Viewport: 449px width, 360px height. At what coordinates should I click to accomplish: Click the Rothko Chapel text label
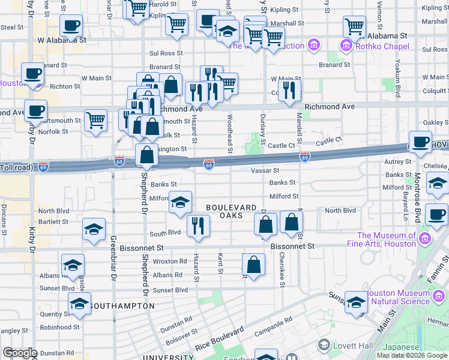(x=382, y=46)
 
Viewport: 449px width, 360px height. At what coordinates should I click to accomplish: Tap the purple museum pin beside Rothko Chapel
(x=345, y=46)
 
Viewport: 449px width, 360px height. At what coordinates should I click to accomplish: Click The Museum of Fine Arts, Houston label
(x=387, y=239)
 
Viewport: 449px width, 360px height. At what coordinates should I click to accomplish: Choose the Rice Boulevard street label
(x=219, y=340)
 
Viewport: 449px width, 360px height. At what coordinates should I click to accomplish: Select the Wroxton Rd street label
(x=170, y=261)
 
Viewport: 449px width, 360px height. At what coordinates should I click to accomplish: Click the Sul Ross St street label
(x=166, y=53)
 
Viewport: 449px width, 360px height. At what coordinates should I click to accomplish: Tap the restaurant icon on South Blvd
(x=198, y=226)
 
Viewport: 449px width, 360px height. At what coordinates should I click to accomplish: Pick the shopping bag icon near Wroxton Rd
(x=254, y=264)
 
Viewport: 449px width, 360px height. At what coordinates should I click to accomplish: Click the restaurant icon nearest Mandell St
(x=290, y=91)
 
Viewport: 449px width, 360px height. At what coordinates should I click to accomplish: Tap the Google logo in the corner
(x=20, y=353)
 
